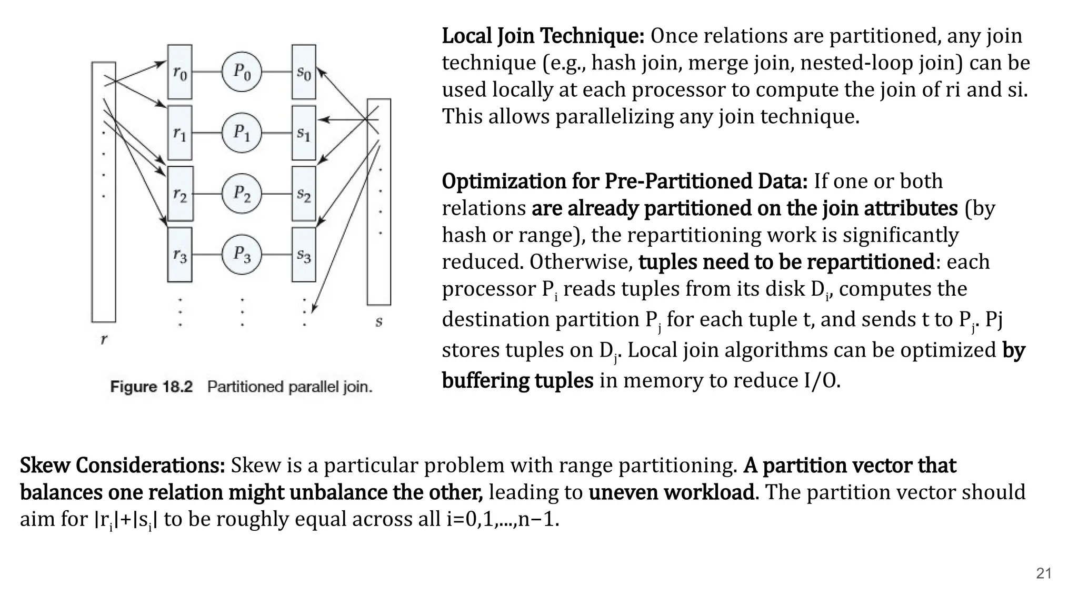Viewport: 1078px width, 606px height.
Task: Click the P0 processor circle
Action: click(242, 72)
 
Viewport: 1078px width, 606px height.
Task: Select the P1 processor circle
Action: click(242, 133)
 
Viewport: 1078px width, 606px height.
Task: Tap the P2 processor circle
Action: click(242, 194)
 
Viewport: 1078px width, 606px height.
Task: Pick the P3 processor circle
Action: click(242, 255)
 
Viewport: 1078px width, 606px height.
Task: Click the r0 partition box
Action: click(179, 72)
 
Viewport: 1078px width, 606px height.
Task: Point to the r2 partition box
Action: click(179, 194)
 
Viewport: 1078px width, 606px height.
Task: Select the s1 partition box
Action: click(304, 133)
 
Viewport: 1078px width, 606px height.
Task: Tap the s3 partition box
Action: click(304, 255)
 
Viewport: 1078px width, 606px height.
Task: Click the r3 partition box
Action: click(179, 255)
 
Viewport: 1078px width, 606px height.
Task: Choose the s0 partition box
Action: click(304, 72)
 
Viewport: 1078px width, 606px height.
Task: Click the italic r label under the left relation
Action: click(104, 339)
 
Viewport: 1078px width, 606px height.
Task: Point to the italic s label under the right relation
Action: click(378, 321)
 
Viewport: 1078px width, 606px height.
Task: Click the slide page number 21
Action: click(1043, 573)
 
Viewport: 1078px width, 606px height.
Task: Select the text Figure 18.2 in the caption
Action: click(152, 387)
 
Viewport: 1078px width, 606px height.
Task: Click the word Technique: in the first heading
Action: click(592, 36)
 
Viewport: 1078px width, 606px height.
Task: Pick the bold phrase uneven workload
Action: click(671, 492)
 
